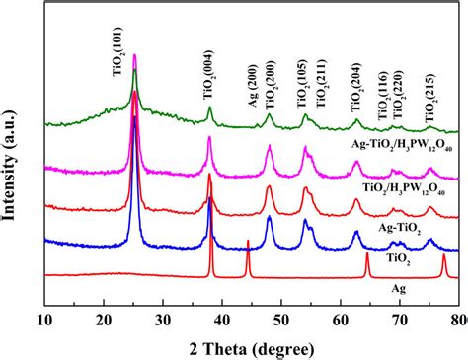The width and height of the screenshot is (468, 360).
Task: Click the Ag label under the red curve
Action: [x=399, y=289]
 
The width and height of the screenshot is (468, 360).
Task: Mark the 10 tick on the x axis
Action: [x=45, y=319]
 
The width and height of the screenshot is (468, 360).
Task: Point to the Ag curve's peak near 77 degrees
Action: [x=443, y=255]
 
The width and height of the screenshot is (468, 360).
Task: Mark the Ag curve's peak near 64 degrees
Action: [x=367, y=254]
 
